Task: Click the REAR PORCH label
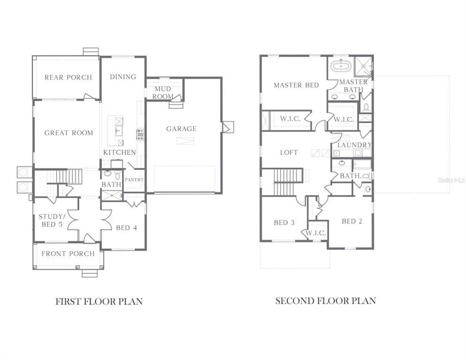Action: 68,77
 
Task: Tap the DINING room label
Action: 123,77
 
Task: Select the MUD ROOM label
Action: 163,93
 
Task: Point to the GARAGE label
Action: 181,128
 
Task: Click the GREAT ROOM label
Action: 68,133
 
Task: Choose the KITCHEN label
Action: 119,152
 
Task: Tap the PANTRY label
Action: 134,180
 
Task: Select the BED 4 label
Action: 126,228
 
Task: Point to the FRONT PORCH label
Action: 68,254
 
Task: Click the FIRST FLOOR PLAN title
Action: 99,301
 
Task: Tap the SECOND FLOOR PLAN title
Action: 325,301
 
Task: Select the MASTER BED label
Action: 296,85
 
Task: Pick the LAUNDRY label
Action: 354,145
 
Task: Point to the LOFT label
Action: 289,153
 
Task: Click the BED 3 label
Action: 284,222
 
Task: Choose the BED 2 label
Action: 352,221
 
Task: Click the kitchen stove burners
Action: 140,134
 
